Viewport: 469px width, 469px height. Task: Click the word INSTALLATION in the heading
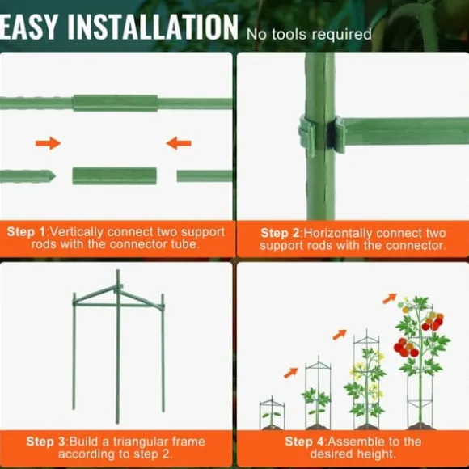[153, 27]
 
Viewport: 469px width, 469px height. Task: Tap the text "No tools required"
[309, 34]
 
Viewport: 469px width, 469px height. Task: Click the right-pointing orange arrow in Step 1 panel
[49, 143]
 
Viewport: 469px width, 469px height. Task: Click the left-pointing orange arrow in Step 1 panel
[179, 143]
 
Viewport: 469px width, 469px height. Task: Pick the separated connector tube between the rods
[115, 176]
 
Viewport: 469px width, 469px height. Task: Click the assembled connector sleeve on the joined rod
[115, 104]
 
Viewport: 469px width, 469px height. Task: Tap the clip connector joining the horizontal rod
[322, 133]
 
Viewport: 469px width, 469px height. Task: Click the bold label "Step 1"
[26, 232]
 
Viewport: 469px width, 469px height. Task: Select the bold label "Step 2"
[280, 233]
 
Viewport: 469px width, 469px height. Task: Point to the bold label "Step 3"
[46, 442]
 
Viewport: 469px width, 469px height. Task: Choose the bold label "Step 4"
[305, 442]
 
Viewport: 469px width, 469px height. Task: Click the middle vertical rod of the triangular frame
[118, 347]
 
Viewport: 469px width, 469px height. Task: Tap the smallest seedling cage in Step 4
[272, 412]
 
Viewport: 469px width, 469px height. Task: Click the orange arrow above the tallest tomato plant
[390, 298]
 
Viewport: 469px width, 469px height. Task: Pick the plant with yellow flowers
[365, 384]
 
